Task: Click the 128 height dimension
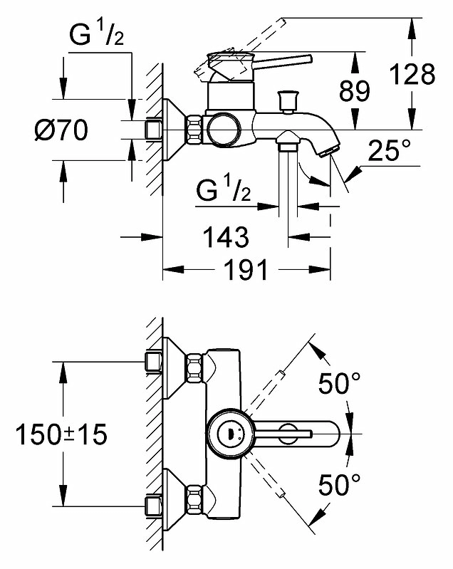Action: (412, 74)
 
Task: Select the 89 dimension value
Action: (355, 90)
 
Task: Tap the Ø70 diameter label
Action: (61, 130)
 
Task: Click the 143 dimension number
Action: (226, 237)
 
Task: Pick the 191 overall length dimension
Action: (246, 269)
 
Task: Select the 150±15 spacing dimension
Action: (62, 434)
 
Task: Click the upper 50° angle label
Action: (339, 383)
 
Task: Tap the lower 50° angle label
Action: (339, 484)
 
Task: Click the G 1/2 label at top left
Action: (97, 35)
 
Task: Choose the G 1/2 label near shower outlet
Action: (223, 190)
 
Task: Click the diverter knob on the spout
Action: (288, 102)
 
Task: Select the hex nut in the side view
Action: (194, 130)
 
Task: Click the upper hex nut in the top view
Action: (194, 368)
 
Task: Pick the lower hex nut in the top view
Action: (194, 500)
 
